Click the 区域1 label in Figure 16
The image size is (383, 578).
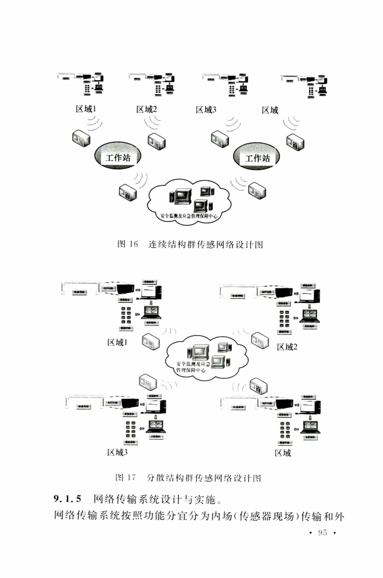click(x=86, y=109)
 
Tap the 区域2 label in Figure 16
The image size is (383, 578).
click(x=146, y=109)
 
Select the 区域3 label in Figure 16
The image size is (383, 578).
click(x=206, y=110)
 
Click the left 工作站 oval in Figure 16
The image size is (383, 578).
click(x=118, y=157)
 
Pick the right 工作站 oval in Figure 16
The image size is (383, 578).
click(x=257, y=158)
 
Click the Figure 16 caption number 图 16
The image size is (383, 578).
click(x=127, y=244)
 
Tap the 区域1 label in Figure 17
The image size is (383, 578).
click(x=117, y=342)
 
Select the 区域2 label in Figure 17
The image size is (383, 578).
click(x=287, y=347)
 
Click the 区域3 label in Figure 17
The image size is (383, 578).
click(x=117, y=452)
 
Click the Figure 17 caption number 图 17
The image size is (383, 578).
click(x=126, y=478)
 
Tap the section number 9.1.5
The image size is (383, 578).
click(x=68, y=499)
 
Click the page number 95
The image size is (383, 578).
click(x=323, y=532)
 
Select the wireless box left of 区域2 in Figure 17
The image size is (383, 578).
click(x=260, y=341)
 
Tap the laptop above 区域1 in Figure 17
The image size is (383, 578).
click(x=151, y=312)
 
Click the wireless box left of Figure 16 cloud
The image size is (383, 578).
click(x=127, y=192)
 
